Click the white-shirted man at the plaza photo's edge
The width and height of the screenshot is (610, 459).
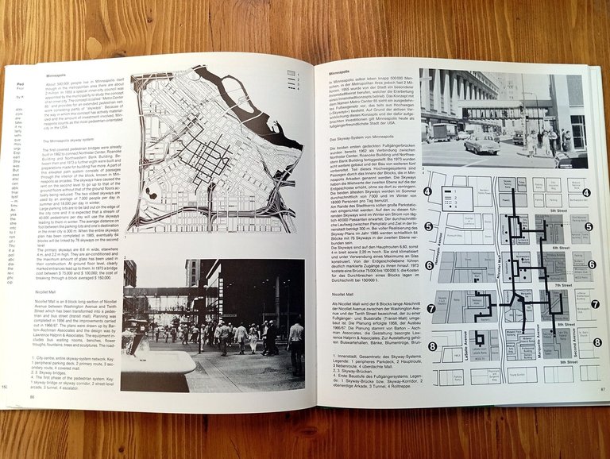[x=295, y=345]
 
